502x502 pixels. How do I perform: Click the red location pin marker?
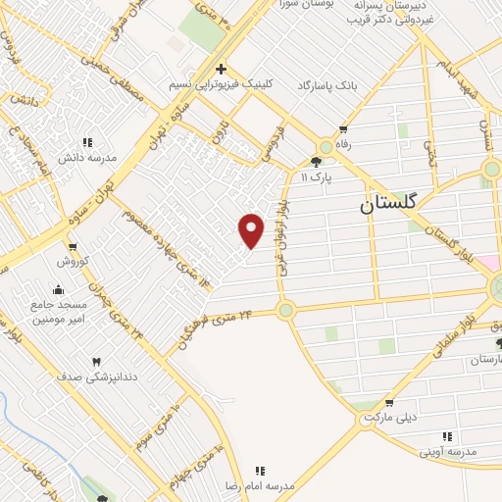(252, 229)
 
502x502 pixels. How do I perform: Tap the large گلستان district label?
(389, 203)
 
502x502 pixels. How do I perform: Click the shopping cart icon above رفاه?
(343, 128)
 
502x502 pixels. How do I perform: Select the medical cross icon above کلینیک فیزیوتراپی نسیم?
(222, 70)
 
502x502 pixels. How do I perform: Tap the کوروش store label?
(72, 262)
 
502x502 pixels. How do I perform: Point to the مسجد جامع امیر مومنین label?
(58, 311)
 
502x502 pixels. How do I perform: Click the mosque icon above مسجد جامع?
(58, 289)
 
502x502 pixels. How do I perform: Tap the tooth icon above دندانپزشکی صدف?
(96, 363)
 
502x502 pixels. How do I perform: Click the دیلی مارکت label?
(390, 418)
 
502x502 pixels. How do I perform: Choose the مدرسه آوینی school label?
(448, 451)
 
